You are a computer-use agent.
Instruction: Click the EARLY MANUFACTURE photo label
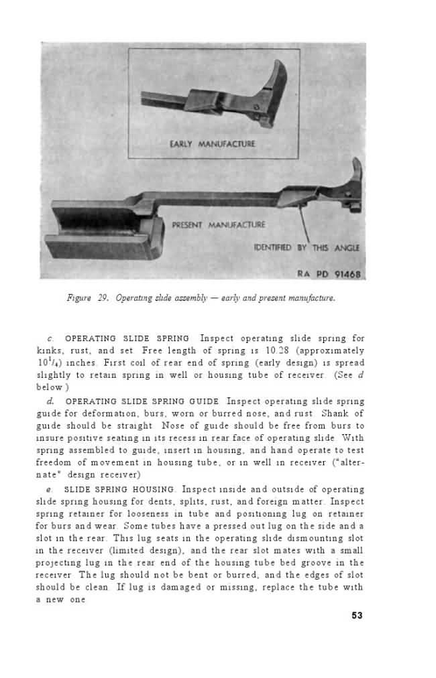click(213, 143)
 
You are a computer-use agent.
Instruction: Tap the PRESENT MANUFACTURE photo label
click(219, 224)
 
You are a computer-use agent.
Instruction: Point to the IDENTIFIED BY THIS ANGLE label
click(307, 248)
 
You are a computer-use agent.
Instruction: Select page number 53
click(357, 616)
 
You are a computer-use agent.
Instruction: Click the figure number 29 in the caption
click(103, 298)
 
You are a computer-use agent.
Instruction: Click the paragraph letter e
click(40, 489)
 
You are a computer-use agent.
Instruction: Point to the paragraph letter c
click(40, 338)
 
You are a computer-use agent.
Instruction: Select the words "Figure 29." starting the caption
click(89, 298)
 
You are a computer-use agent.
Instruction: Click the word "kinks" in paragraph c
click(48, 350)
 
